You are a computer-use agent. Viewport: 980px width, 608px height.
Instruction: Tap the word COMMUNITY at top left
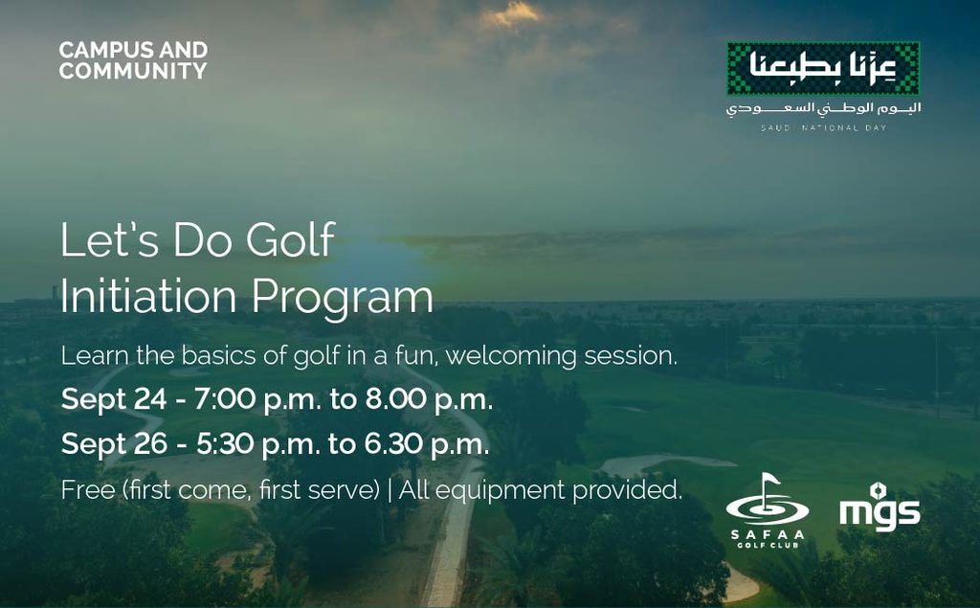[x=133, y=71]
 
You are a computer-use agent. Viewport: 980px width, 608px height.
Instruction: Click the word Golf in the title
[x=291, y=240]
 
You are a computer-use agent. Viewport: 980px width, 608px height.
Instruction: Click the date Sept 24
[x=114, y=399]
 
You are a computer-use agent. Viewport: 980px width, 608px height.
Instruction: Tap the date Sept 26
[x=114, y=444]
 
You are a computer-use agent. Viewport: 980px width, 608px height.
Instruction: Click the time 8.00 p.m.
[x=430, y=399]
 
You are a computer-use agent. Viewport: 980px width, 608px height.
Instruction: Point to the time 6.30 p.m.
[x=428, y=444]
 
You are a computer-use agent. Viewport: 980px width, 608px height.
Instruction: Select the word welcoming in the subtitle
[x=511, y=356]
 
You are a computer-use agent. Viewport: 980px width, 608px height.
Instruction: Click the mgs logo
[x=880, y=507]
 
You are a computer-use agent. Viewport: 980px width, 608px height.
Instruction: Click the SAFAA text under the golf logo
[x=768, y=535]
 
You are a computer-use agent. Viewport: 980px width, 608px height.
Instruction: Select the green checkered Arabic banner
[x=823, y=68]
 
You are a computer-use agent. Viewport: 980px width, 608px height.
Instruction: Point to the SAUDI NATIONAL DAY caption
[x=823, y=127]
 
